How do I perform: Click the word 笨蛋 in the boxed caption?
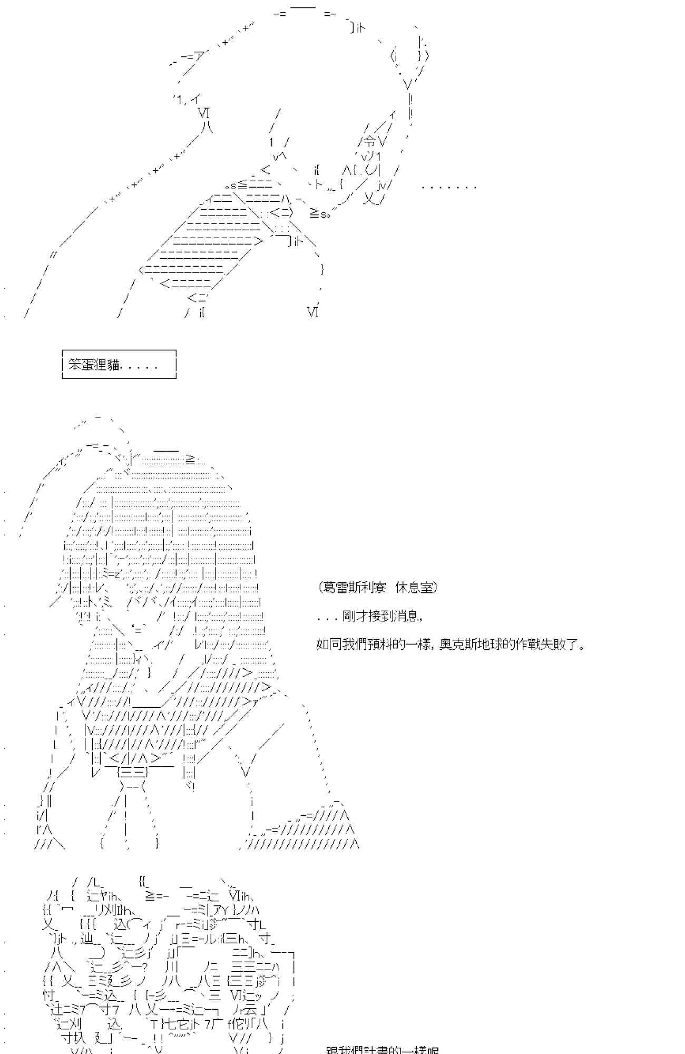coord(82,365)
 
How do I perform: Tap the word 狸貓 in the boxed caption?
coord(107,365)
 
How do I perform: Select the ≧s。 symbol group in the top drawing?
coord(319,213)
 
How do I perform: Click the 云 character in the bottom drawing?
coord(251,1010)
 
